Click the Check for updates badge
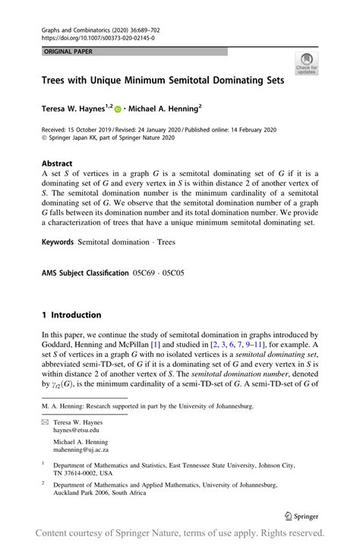click(308, 64)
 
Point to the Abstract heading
click(57, 163)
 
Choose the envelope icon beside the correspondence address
click(45, 422)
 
